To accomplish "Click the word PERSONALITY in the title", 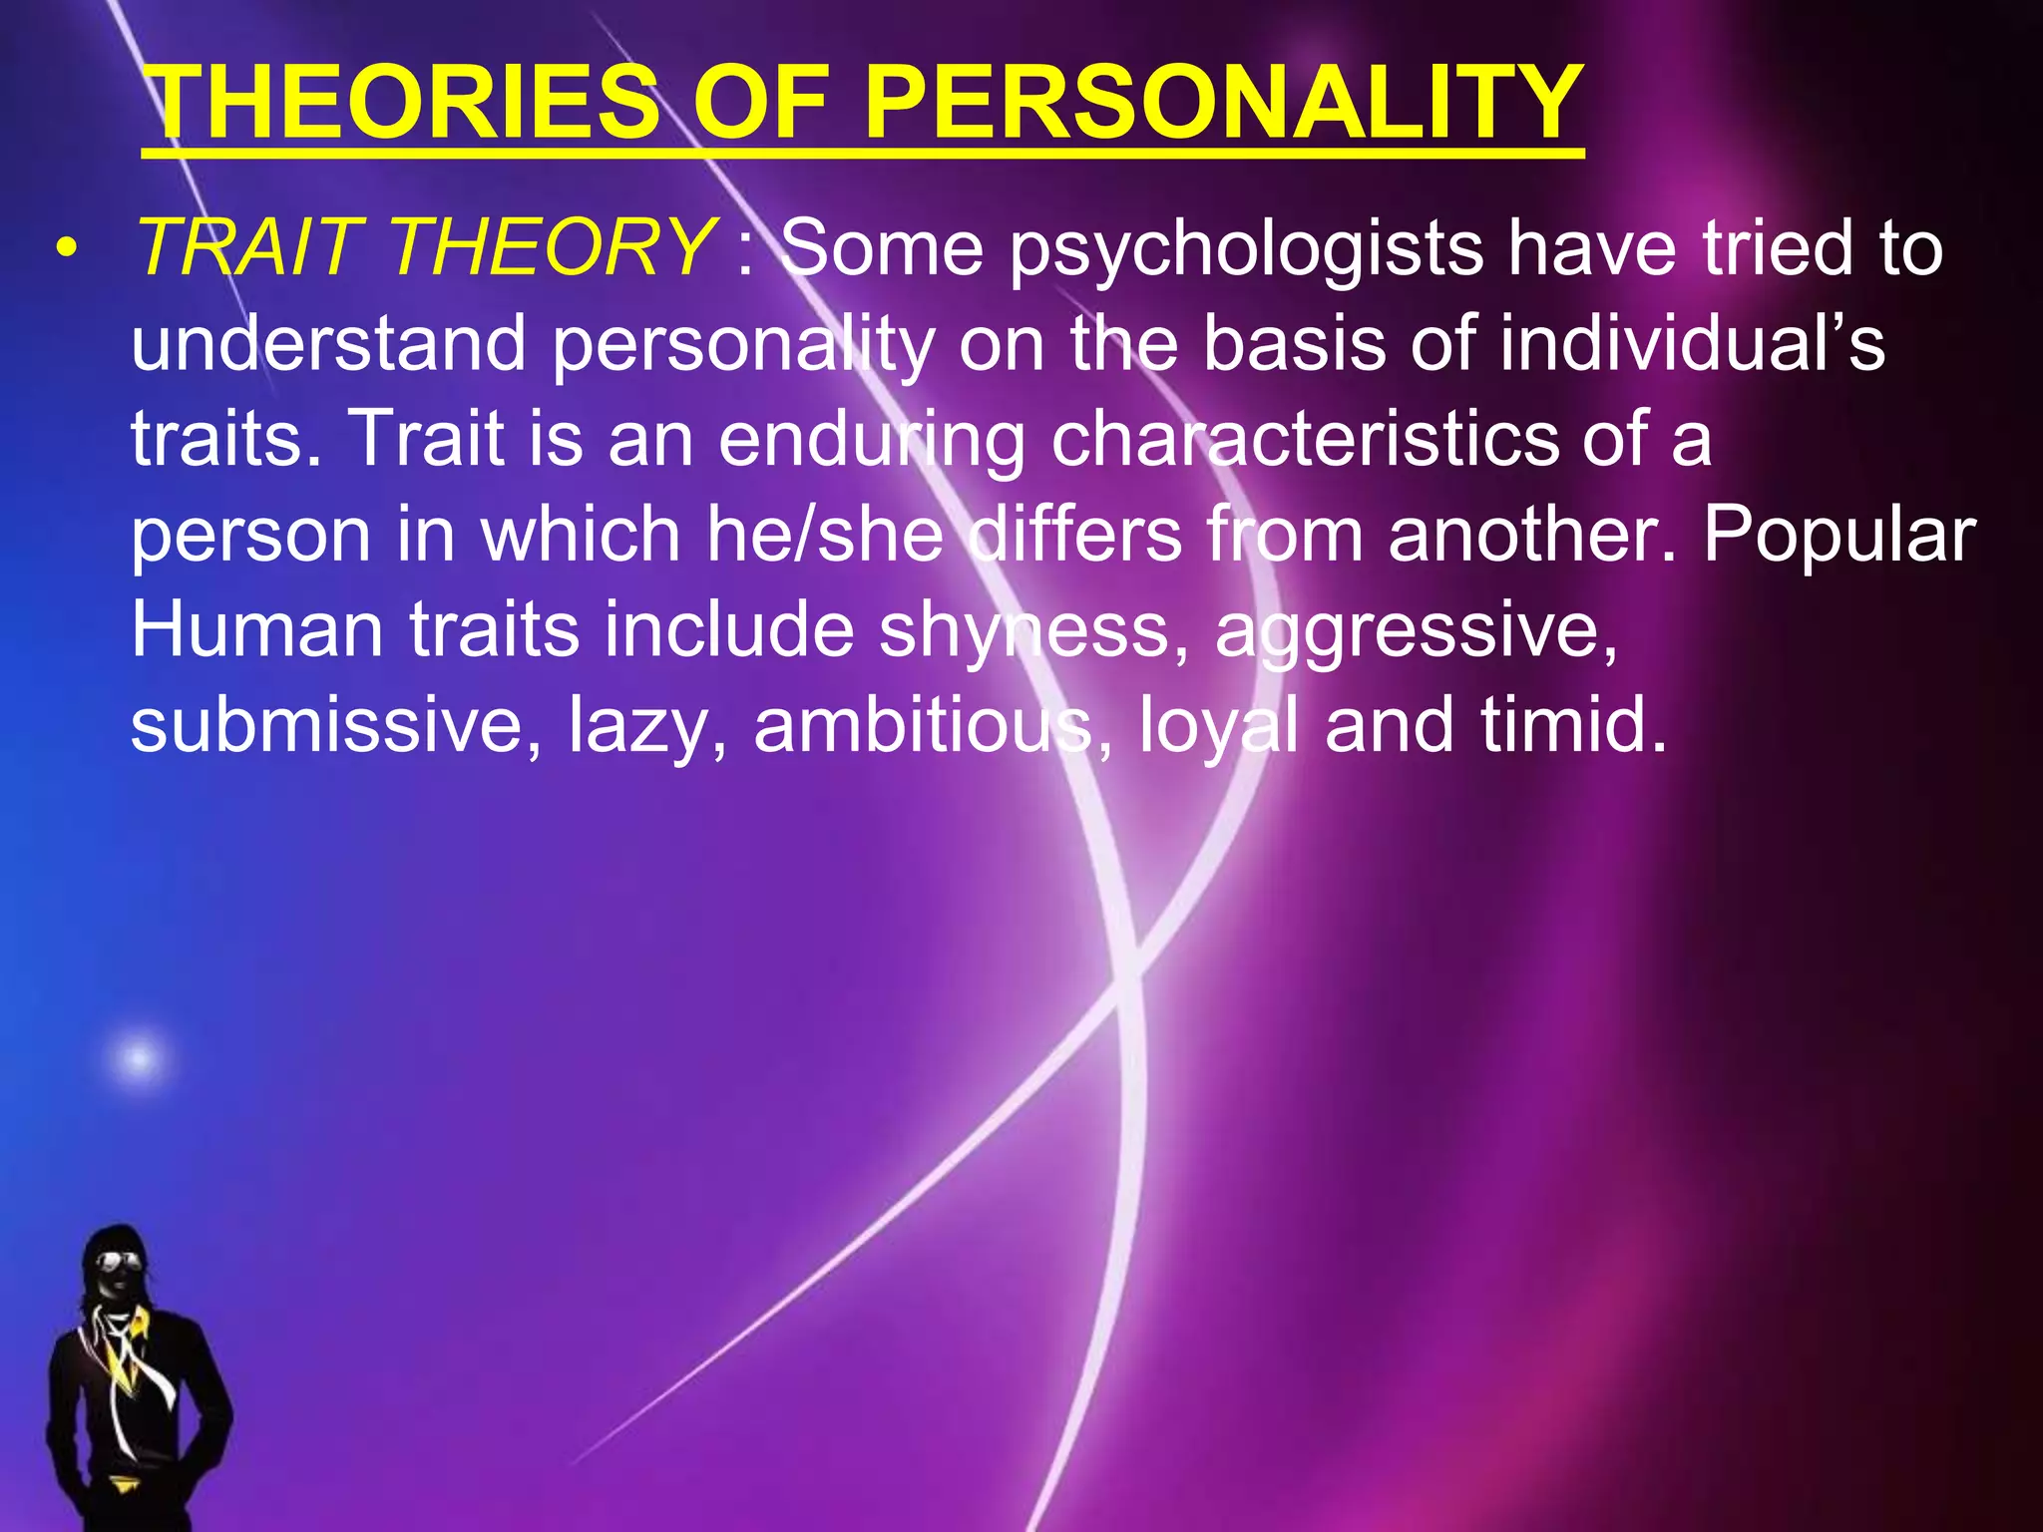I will [1223, 102].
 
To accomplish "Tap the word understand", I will [328, 343].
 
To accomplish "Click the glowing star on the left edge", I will [139, 1057].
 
